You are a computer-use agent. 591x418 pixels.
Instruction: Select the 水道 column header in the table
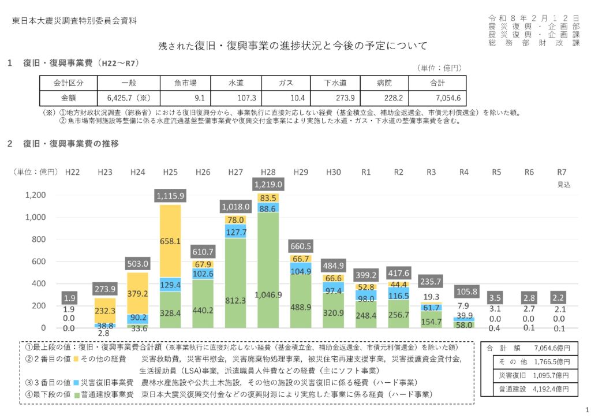236,83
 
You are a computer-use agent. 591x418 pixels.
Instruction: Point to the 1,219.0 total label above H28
268,184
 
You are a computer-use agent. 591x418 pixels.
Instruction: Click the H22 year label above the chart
72,172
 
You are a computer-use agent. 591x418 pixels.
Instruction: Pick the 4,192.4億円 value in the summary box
552,390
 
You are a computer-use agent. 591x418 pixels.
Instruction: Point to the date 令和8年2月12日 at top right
533,18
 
